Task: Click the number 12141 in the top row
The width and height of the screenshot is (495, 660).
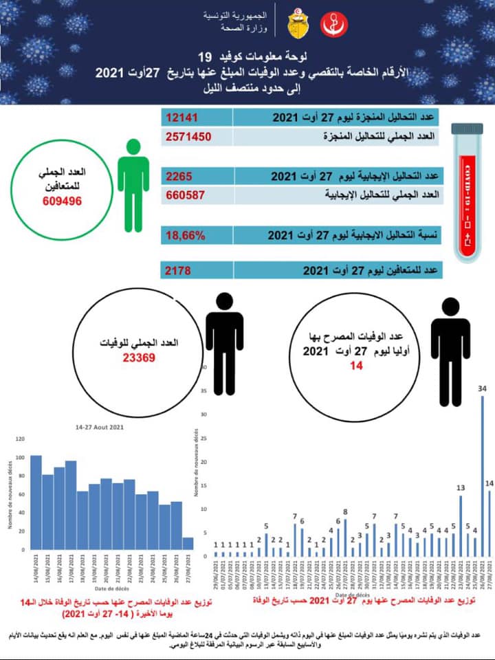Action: tap(181, 118)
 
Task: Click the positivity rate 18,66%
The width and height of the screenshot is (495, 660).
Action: tap(186, 236)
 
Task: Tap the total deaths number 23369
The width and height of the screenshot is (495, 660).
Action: tap(140, 357)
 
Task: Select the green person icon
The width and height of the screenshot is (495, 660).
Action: tap(133, 186)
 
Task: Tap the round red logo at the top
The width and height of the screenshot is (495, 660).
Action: tap(335, 25)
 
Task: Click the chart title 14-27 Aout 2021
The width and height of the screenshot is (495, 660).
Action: tap(100, 428)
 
